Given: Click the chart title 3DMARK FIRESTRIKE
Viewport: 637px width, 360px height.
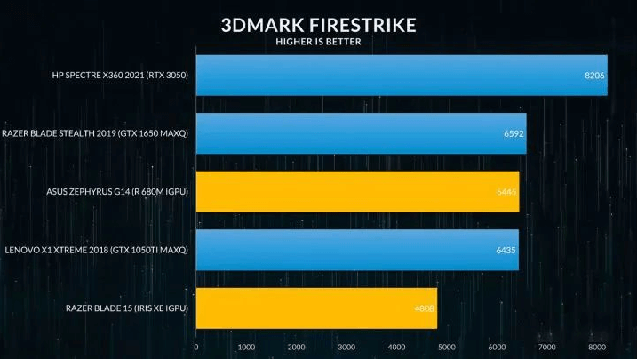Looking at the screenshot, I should [318, 24].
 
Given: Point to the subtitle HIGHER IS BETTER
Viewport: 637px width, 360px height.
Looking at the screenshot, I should [318, 41].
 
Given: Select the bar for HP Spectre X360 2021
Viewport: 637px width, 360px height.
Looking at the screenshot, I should [401, 76].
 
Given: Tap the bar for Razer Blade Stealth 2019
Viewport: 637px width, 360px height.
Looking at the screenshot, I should [361, 133].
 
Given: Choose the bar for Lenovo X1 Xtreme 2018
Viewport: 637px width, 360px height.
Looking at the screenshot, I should [356, 250].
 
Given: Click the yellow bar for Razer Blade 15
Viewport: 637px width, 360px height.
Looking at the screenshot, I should [316, 308].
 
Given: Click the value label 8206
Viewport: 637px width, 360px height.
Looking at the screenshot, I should [594, 76].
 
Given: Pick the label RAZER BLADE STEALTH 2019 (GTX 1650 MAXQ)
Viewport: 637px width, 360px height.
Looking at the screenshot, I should [96, 133].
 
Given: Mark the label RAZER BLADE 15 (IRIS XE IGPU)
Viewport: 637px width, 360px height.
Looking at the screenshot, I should [128, 308].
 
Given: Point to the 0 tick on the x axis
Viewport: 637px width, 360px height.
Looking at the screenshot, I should [195, 347].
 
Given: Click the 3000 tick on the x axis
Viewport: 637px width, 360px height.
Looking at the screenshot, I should [346, 347].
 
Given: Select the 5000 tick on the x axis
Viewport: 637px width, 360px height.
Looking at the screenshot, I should [447, 347].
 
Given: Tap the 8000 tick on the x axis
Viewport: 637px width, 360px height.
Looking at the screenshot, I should [597, 347].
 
